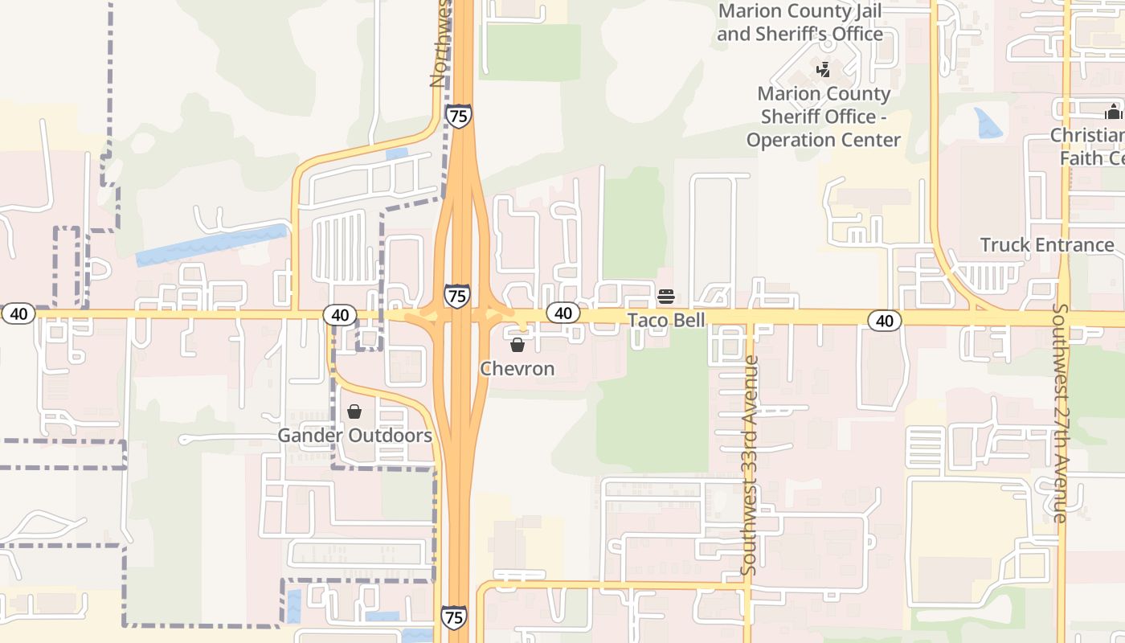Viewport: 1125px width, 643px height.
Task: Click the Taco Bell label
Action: (666, 320)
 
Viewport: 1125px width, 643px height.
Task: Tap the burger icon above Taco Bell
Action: (665, 297)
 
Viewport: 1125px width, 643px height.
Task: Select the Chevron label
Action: (517, 369)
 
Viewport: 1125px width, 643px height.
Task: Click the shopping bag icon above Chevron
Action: (517, 345)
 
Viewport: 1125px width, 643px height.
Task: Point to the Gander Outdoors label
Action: (354, 436)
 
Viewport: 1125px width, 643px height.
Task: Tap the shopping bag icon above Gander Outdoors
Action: (354, 412)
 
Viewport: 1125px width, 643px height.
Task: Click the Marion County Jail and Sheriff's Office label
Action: (800, 23)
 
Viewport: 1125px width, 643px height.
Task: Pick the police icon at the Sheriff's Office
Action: (822, 71)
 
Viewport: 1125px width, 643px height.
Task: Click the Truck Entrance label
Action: (1047, 245)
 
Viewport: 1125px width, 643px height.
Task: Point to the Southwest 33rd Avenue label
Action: (749, 465)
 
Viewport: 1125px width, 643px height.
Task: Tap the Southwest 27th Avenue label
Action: (1060, 412)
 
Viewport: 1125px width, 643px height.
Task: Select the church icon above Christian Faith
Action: (1114, 111)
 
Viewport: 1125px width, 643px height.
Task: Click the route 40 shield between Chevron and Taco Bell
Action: (563, 313)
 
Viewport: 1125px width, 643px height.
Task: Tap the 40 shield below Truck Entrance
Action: (885, 321)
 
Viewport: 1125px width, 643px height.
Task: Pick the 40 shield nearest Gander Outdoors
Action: (340, 314)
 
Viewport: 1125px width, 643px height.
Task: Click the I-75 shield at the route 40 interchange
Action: (457, 295)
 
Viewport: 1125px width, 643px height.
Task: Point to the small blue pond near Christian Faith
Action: (988, 122)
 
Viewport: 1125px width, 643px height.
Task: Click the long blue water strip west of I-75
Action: (211, 245)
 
